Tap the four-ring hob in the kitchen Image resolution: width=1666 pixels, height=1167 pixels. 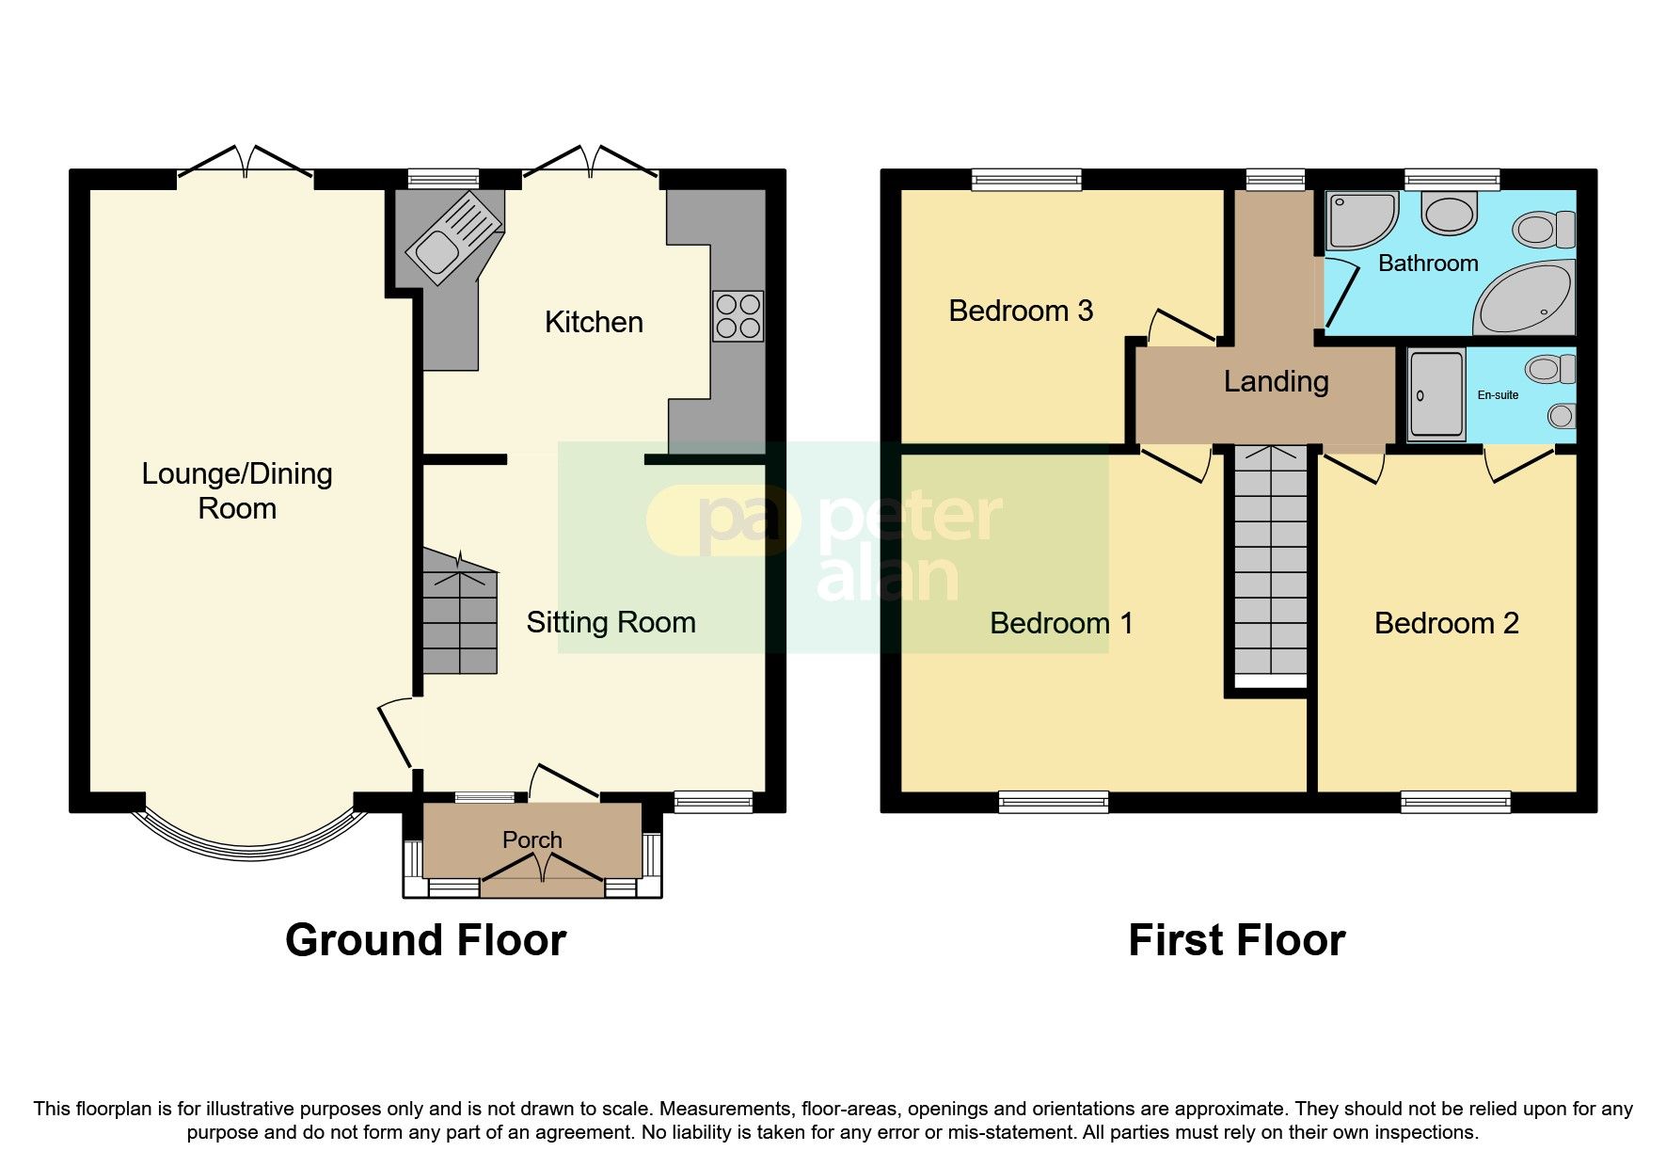click(x=738, y=316)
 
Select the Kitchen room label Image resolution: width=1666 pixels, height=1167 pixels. click(x=594, y=323)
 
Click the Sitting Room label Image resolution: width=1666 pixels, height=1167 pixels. click(x=611, y=622)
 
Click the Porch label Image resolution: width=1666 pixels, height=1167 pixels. click(x=532, y=839)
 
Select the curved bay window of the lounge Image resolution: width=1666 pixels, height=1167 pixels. click(x=248, y=838)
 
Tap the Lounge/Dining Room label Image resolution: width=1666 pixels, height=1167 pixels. click(x=237, y=490)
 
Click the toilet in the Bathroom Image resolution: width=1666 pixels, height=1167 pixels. click(x=1543, y=229)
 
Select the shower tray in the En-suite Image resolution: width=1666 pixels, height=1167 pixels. click(x=1436, y=395)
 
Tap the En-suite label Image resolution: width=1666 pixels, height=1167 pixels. click(x=1498, y=395)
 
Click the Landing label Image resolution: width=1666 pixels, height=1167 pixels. click(x=1276, y=381)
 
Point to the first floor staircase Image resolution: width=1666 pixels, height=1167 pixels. click(x=1270, y=565)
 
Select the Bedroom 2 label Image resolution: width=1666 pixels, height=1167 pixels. click(x=1446, y=623)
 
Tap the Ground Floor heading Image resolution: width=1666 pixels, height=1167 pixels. click(x=425, y=940)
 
